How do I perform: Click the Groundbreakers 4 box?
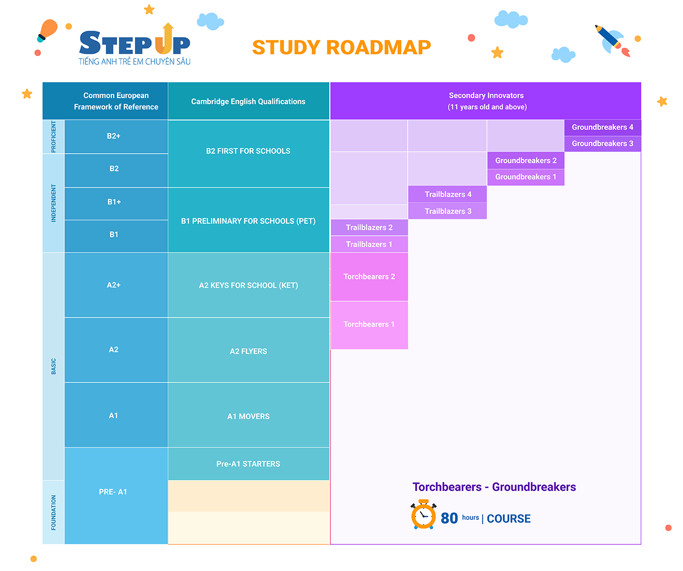[x=602, y=128]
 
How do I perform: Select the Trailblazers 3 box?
[x=447, y=211]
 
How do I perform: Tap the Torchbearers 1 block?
[x=369, y=325]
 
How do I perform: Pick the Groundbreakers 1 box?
[x=525, y=177]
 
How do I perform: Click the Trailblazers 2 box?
[x=369, y=227]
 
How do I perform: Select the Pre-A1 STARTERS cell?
[x=248, y=464]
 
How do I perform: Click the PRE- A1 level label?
[x=113, y=492]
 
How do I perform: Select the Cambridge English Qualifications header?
[x=248, y=101]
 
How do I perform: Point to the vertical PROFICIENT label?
[x=53, y=137]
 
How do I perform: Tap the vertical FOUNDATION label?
[x=53, y=512]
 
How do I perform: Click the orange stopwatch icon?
[x=423, y=514]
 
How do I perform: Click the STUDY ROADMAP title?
[x=341, y=47]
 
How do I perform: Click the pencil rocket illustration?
[x=612, y=40]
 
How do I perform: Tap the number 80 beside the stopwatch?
[x=449, y=518]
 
